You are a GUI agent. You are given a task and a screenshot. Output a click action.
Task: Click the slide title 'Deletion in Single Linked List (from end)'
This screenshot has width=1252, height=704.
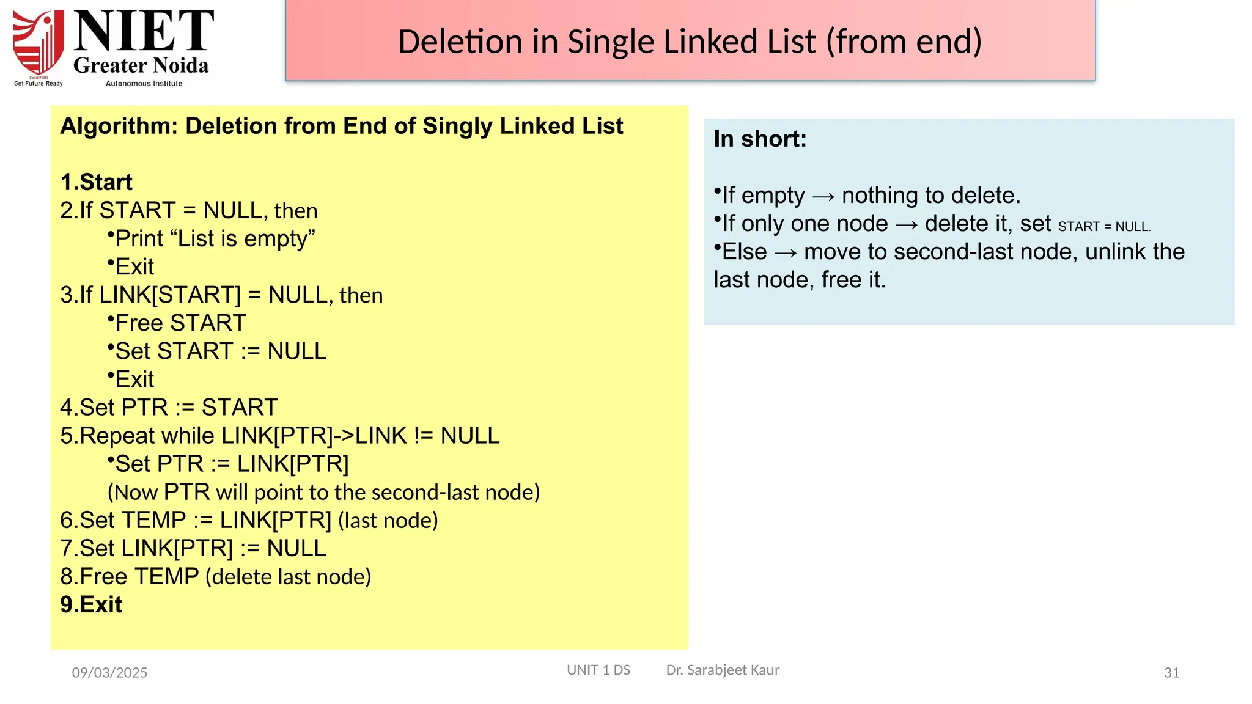coord(690,42)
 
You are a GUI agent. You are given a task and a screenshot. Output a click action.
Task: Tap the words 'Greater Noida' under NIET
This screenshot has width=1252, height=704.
coord(141,65)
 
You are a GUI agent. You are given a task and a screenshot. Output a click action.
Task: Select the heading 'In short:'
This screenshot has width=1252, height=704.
coord(760,139)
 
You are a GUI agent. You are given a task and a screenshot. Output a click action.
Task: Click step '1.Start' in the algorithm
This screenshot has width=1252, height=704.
coord(97,182)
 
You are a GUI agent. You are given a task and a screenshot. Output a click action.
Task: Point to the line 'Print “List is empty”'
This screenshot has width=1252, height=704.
coord(215,238)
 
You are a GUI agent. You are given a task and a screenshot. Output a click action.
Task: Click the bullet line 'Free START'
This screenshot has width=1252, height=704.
coord(180,323)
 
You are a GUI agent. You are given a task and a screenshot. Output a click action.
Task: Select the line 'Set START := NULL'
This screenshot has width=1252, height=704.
coord(221,351)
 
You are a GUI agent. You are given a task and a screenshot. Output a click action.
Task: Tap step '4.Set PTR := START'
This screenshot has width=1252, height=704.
coord(169,407)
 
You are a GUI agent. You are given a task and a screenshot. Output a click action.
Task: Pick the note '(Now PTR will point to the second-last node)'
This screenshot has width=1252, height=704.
coord(323,492)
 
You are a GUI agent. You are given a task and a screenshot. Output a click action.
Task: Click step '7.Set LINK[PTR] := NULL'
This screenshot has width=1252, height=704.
coord(193,548)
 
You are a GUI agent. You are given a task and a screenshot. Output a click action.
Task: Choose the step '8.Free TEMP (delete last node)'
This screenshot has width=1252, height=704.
coord(216,576)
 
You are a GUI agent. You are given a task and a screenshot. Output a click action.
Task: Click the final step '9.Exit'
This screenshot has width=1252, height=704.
coord(92,604)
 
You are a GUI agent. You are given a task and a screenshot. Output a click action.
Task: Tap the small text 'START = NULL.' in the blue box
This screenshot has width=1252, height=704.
coord(1104,227)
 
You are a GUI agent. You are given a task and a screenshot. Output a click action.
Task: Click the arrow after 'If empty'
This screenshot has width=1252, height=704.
coord(823,196)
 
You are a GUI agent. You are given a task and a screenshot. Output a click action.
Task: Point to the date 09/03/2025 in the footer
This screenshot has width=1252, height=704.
coord(109,672)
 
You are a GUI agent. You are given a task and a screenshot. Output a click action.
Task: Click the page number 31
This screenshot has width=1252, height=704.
coord(1171,672)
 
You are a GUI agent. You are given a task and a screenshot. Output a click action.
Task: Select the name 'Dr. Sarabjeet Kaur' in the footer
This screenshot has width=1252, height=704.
coord(723,670)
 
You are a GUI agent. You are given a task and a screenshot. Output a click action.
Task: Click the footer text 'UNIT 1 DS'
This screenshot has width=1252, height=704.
coord(598,670)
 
